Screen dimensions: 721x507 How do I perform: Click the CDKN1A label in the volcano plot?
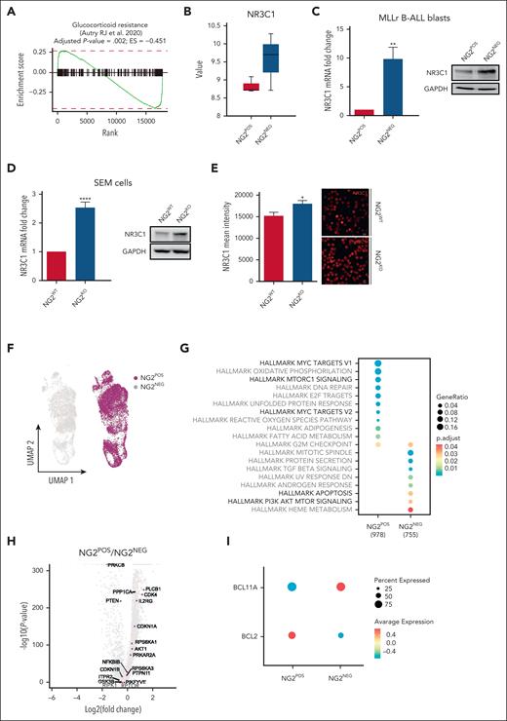(x=148, y=626)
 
